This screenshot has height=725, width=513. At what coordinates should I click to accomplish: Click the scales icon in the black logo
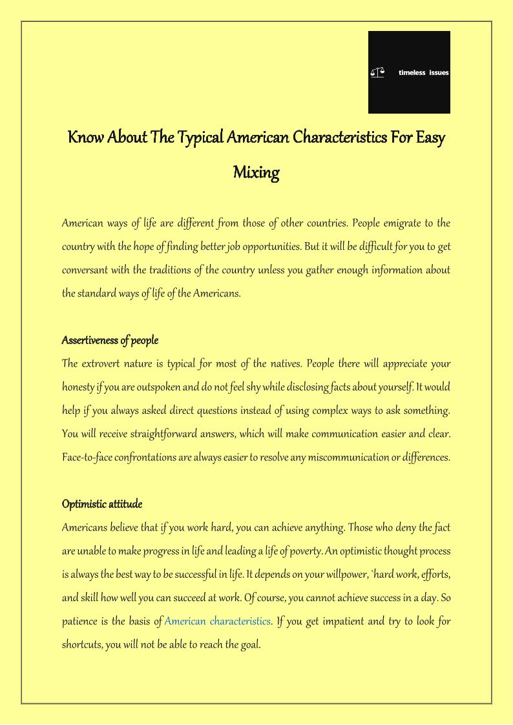pyautogui.click(x=377, y=73)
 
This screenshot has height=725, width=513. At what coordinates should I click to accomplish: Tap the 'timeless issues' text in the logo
pyautogui.click(x=423, y=73)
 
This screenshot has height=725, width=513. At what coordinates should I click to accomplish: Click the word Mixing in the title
pyautogui.click(x=256, y=173)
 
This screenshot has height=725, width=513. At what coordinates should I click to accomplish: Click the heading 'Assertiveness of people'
pyautogui.click(x=110, y=340)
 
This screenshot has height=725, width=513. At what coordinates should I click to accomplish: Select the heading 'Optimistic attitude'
pyautogui.click(x=102, y=504)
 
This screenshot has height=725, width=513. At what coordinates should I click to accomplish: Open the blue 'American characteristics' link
pyautogui.click(x=218, y=621)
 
